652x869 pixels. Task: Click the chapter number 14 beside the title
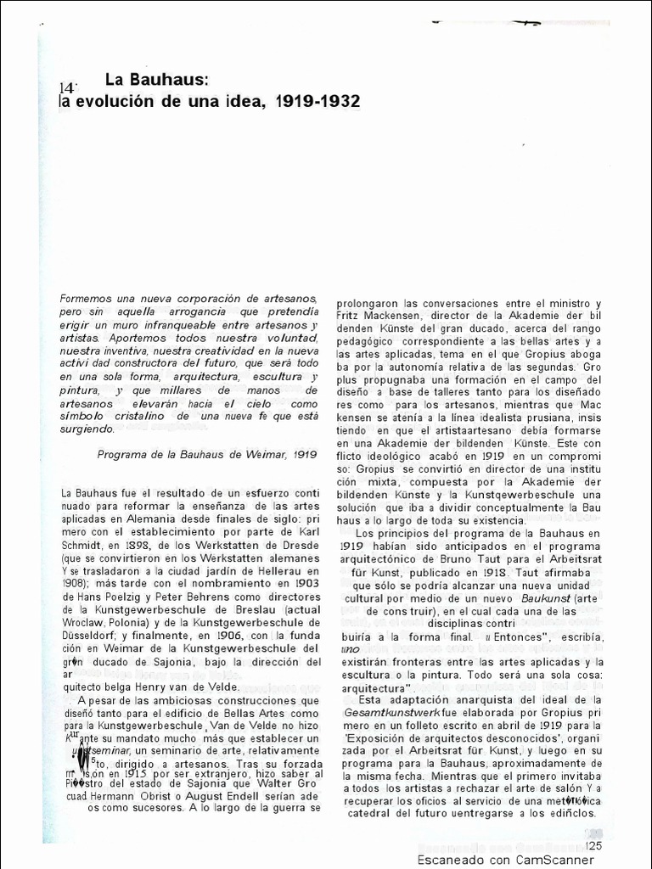point(68,87)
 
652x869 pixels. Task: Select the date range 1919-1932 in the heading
point(318,101)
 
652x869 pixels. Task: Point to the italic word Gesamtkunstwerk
point(391,715)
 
